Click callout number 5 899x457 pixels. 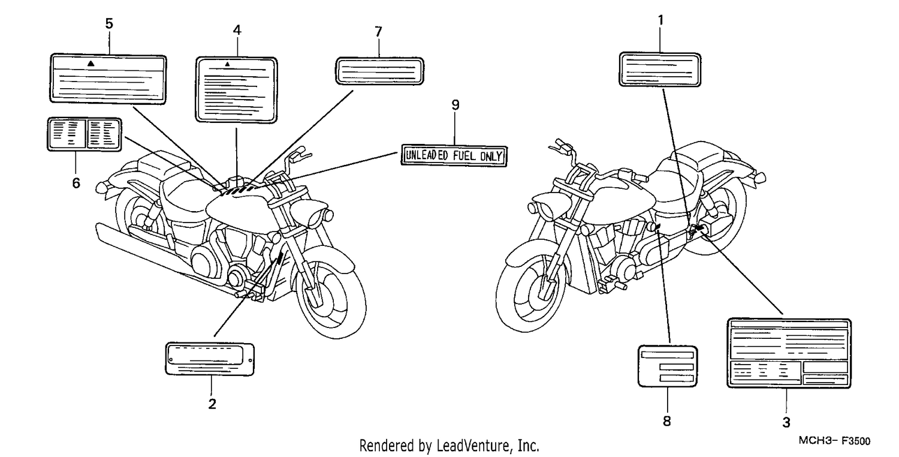pos(109,24)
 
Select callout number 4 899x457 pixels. pos(237,30)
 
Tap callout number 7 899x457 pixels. pos(378,32)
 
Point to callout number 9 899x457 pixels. pos(455,105)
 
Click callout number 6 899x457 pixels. pos(76,183)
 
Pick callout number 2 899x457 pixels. pos(212,404)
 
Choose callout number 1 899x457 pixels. pos(660,20)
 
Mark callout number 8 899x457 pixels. pos(666,421)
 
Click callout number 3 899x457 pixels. pos(786,422)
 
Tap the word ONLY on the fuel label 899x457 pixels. pos(491,156)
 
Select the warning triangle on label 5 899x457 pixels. pos(91,64)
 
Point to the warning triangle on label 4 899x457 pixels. pos(228,64)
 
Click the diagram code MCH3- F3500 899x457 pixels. pos(834,441)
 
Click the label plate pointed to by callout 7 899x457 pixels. pos(379,71)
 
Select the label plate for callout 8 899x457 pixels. pos(668,366)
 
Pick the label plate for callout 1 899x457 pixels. pos(660,69)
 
